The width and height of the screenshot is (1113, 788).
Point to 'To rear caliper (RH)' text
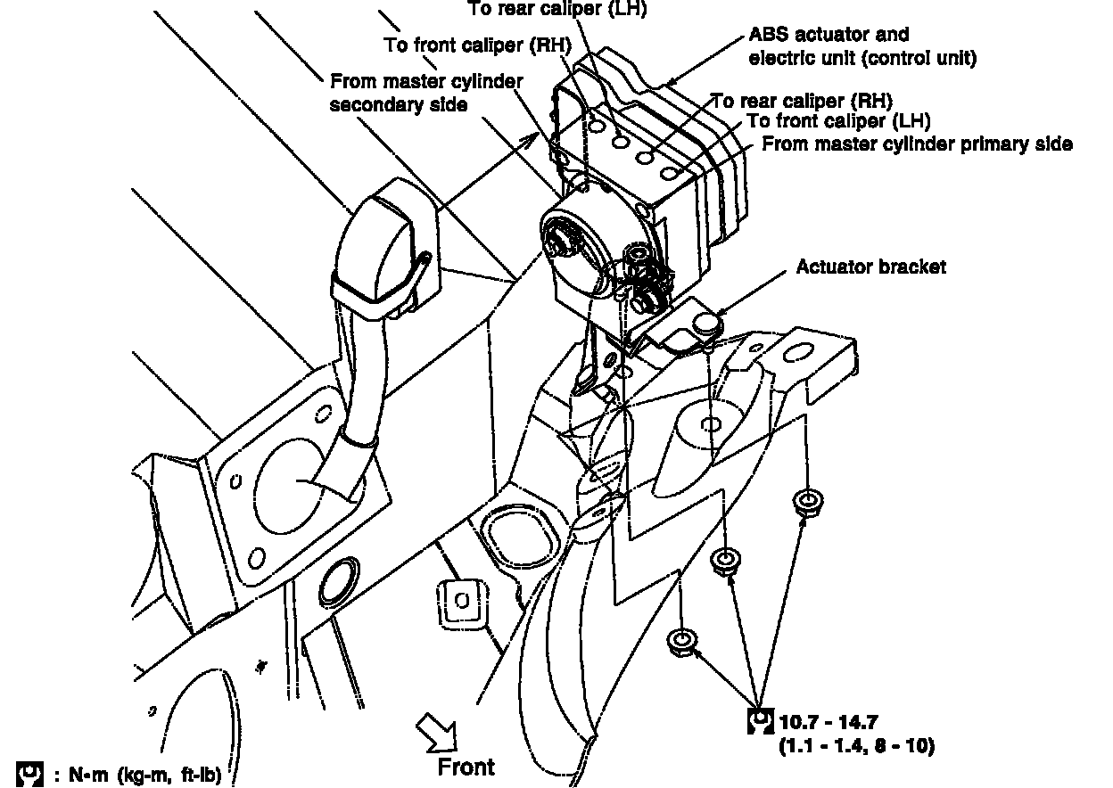(801, 100)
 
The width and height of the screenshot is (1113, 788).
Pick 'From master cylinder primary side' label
(917, 144)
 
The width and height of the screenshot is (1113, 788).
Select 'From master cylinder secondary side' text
(426, 93)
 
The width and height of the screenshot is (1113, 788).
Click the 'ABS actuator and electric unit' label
(862, 46)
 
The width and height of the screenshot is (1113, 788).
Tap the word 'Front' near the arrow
(466, 766)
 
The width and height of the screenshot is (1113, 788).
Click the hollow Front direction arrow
(441, 733)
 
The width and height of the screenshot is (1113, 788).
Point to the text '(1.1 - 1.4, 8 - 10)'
(856, 746)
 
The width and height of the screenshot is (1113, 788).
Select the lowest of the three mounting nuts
(681, 640)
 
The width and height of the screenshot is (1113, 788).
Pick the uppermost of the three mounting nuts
(807, 501)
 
